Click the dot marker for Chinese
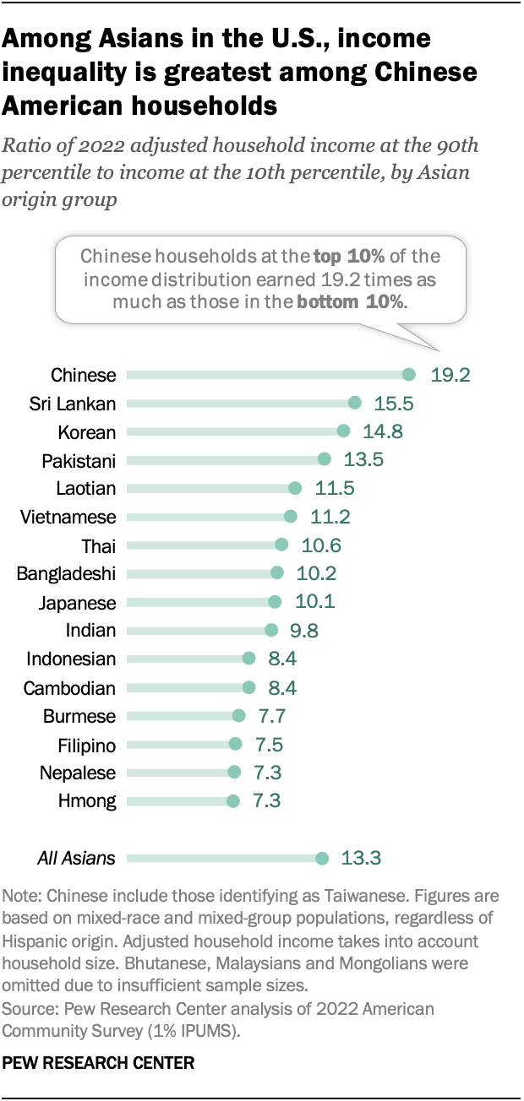tap(409, 374)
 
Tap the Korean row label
tap(87, 431)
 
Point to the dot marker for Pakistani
tap(325, 459)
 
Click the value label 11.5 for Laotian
tap(333, 488)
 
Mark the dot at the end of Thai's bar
tap(281, 545)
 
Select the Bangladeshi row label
tap(66, 574)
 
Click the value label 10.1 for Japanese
tap(313, 602)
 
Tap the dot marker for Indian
tap(271, 630)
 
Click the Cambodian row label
tap(69, 687)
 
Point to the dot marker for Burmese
tap(238, 716)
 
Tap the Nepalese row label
tap(78, 773)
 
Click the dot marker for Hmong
tap(233, 801)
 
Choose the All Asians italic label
tap(76, 859)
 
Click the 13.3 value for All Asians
tap(362, 859)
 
